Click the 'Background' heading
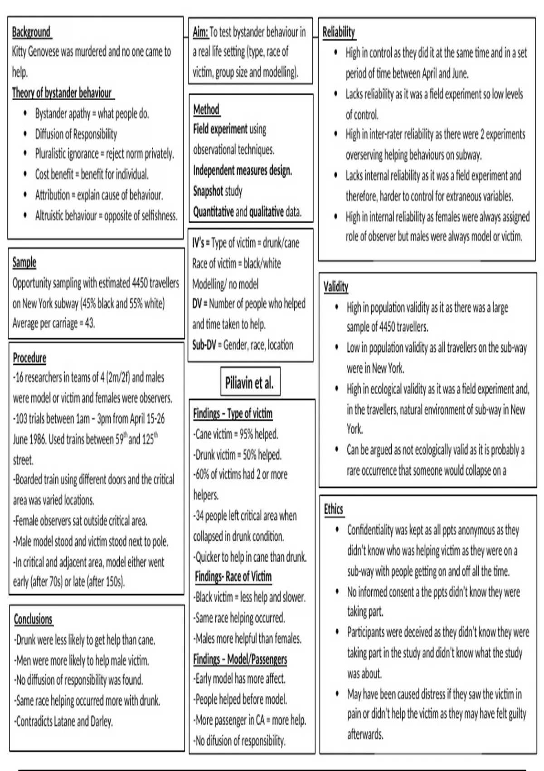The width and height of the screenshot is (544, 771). point(31,32)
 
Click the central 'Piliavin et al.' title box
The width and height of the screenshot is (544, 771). point(249,383)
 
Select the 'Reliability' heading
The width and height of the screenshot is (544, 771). point(339,32)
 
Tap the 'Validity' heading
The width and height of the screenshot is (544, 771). point(336,287)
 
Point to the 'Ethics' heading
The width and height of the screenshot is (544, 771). point(333,509)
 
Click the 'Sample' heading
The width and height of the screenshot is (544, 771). point(24,262)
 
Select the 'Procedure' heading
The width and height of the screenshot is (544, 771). point(29,358)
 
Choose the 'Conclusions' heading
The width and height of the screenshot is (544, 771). point(33,619)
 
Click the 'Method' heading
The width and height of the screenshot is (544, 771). point(206,109)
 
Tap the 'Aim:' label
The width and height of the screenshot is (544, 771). point(200,32)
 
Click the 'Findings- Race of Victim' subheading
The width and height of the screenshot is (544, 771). point(233,576)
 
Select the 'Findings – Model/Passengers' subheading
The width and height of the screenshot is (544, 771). point(240,659)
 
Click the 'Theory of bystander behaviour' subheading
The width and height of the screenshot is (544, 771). point(62,93)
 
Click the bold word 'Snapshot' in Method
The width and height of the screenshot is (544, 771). point(208,191)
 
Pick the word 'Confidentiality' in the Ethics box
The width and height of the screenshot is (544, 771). point(370,530)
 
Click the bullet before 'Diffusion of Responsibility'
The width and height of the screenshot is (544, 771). point(25,134)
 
